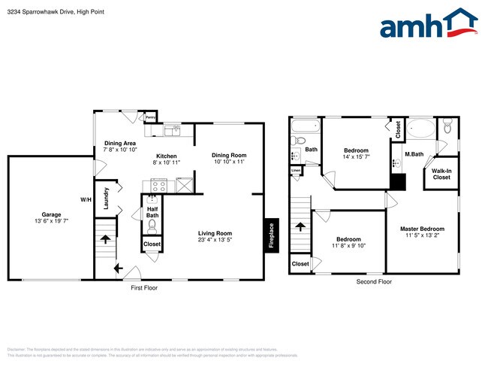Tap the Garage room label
(x=51, y=214)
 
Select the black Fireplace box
(x=272, y=233)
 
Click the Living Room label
(x=215, y=233)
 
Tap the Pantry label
(x=150, y=118)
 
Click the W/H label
(x=86, y=199)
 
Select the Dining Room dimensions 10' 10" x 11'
(x=229, y=162)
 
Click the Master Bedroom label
(x=421, y=229)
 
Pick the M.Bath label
(x=414, y=155)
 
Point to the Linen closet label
(x=297, y=171)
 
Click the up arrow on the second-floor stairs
(x=300, y=226)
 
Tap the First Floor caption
(x=143, y=287)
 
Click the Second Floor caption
(x=374, y=281)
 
